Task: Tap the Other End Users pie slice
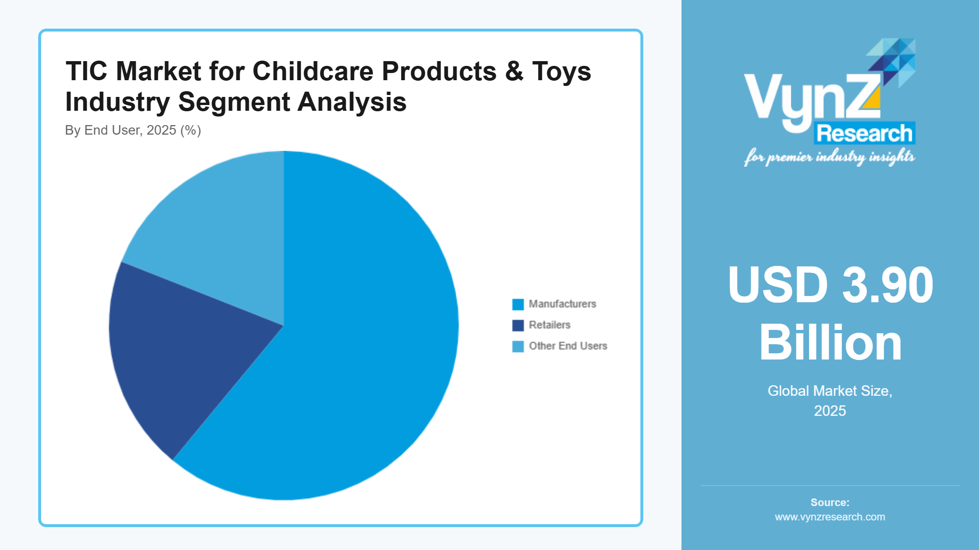point(220,239)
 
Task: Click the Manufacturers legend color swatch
point(518,304)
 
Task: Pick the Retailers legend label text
point(549,325)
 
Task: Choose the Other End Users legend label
point(567,346)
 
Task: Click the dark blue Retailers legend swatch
point(518,325)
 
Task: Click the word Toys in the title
point(561,72)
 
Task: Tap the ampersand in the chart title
point(514,72)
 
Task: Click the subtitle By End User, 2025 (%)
point(133,130)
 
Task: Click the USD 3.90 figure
point(830,285)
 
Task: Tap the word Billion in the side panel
point(830,343)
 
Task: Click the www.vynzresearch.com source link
point(830,517)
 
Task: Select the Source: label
point(830,502)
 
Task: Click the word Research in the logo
point(864,133)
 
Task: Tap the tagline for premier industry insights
point(829,157)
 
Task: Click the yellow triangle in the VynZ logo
point(873,99)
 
